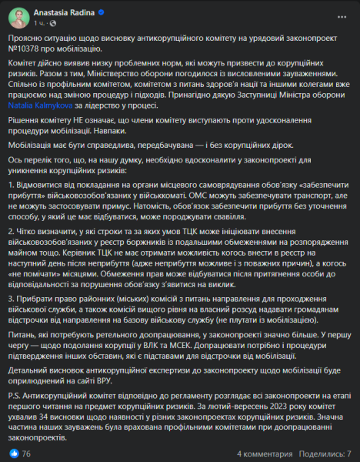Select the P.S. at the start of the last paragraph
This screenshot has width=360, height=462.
point(15,426)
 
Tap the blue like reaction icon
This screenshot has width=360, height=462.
point(15,454)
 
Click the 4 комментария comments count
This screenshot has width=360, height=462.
point(264,454)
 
